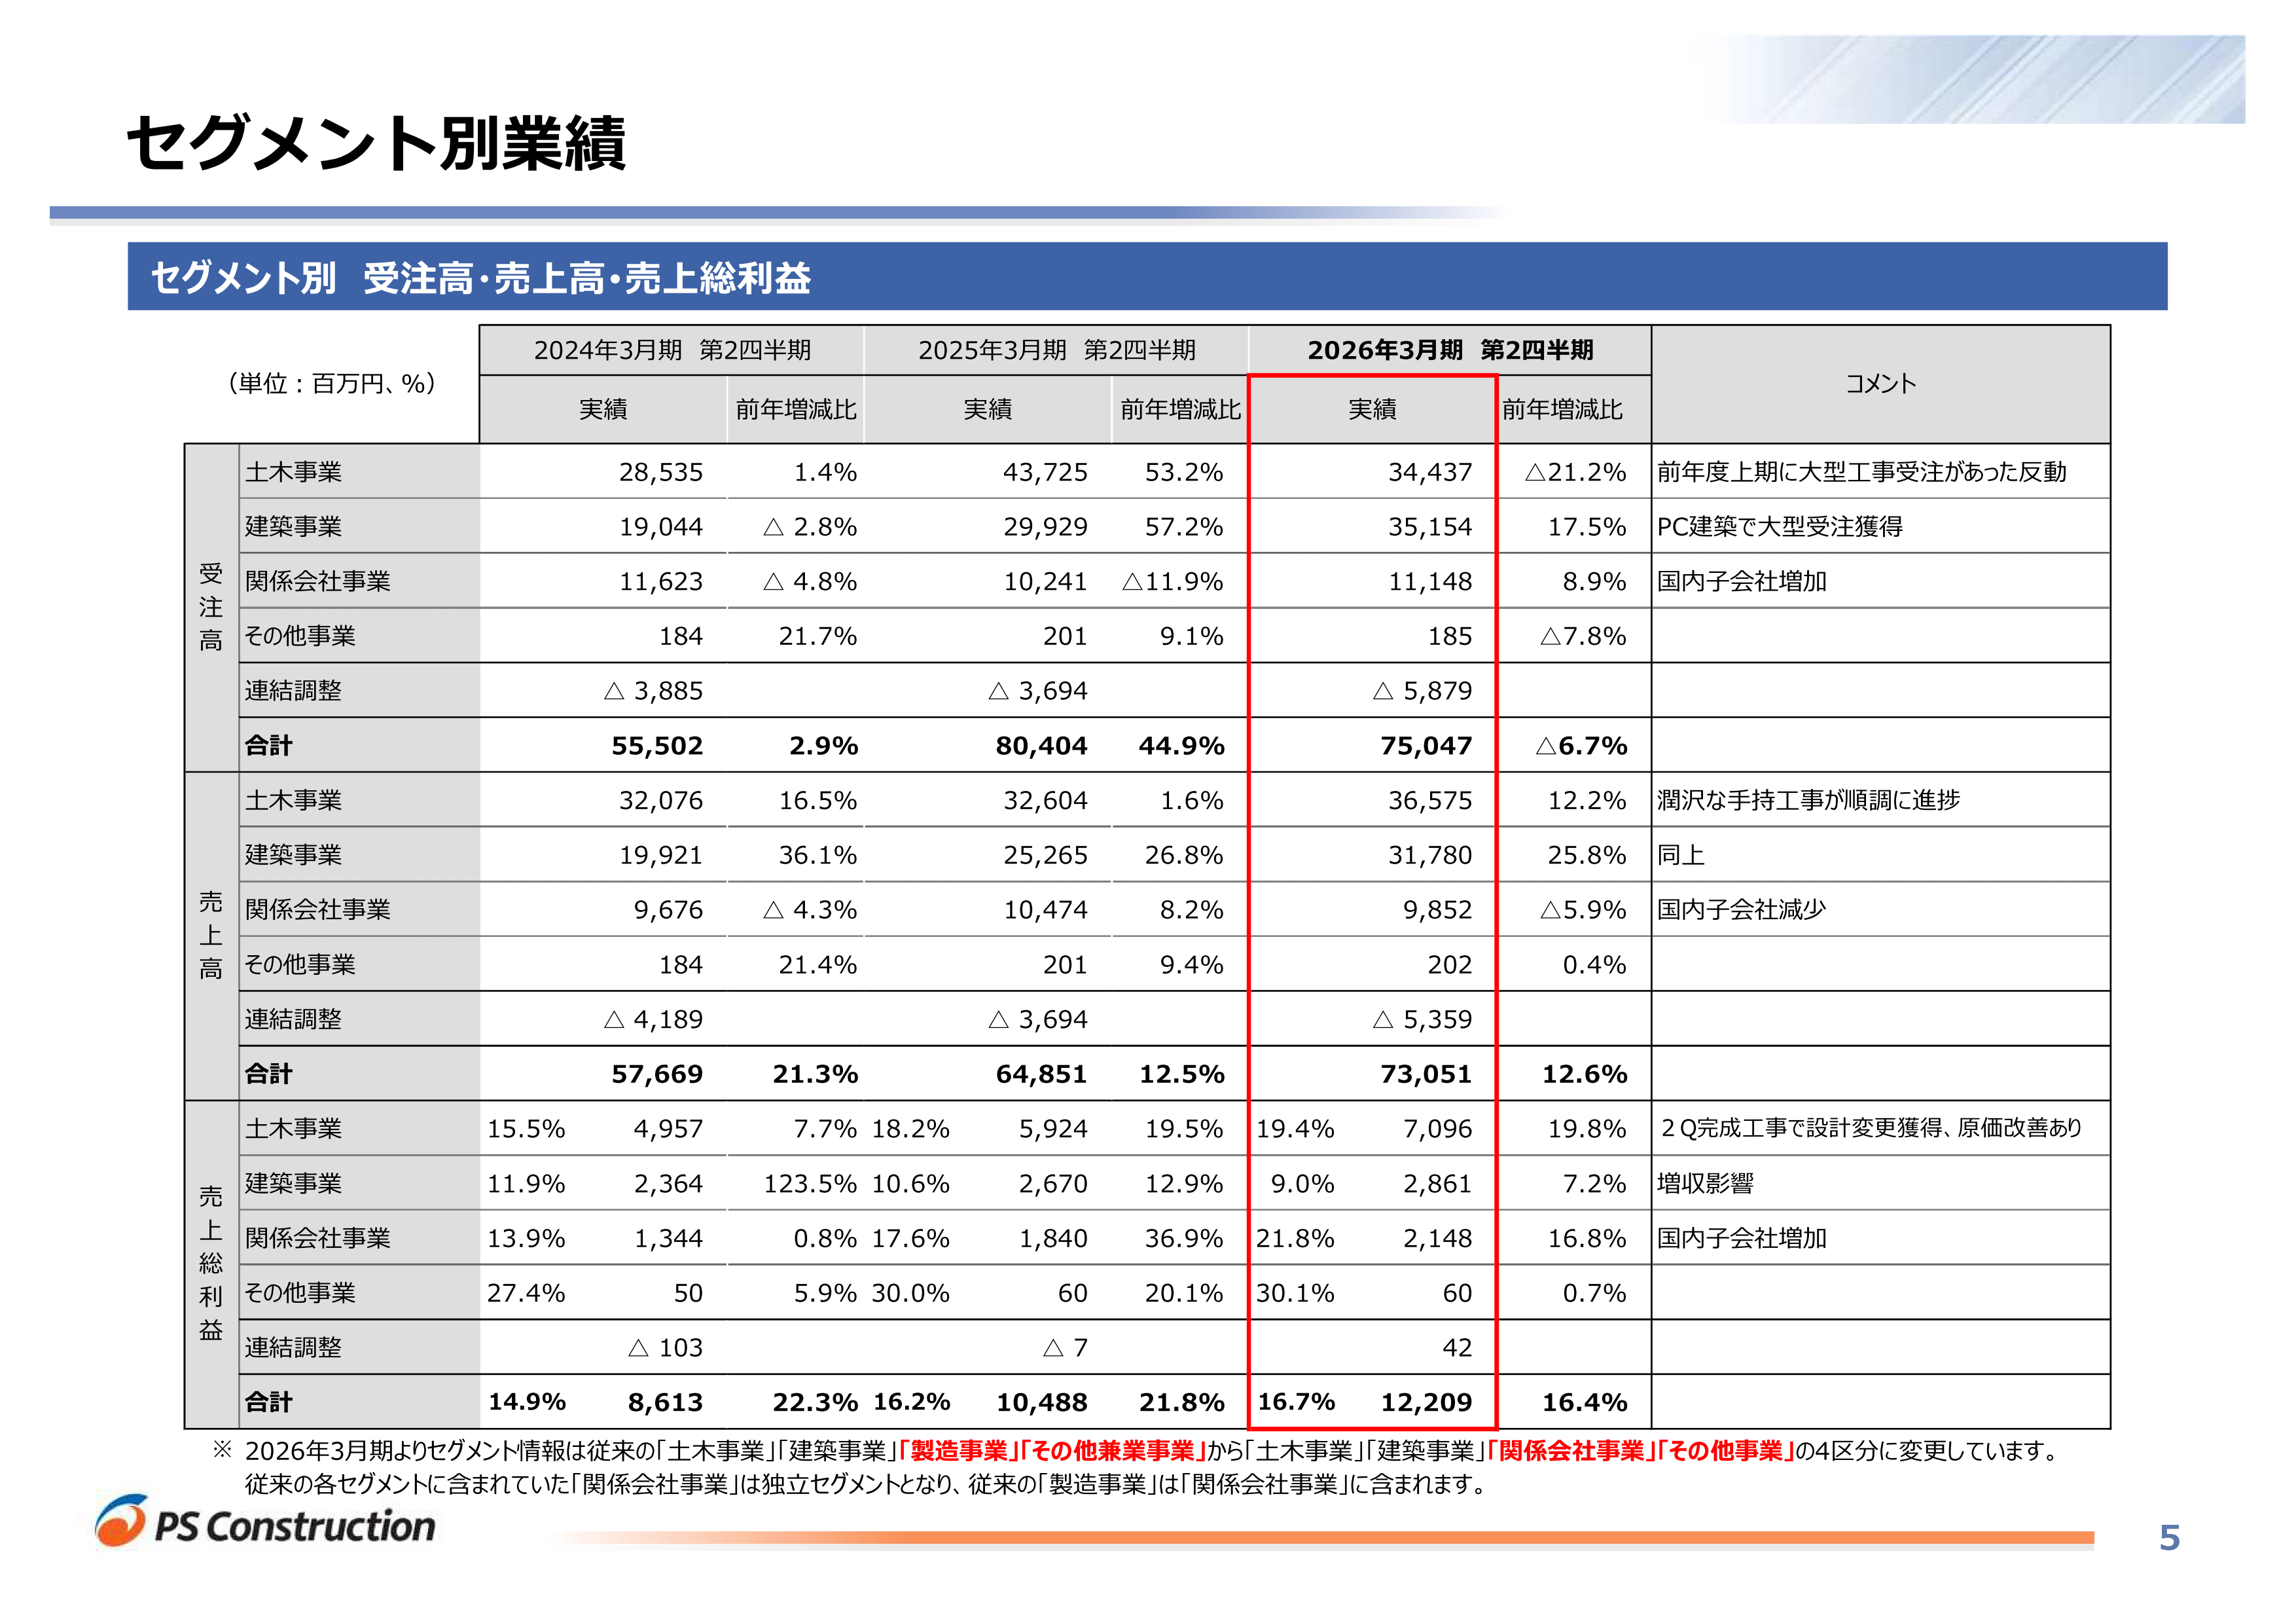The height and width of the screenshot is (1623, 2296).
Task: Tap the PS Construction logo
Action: [266, 1523]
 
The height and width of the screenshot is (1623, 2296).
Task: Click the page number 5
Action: [2168, 1537]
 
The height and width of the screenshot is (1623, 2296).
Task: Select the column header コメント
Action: [1880, 384]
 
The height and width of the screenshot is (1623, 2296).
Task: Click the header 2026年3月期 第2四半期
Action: [1449, 350]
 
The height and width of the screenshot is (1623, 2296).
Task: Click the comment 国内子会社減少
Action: [1741, 910]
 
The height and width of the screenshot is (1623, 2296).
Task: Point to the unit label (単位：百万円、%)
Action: [332, 384]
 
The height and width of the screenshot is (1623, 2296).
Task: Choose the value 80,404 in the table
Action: [1041, 746]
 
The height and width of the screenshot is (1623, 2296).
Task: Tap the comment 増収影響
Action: [1705, 1184]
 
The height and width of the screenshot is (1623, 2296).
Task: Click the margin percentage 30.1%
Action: [1295, 1293]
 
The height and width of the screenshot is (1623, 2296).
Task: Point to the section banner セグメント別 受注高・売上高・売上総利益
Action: [480, 277]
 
